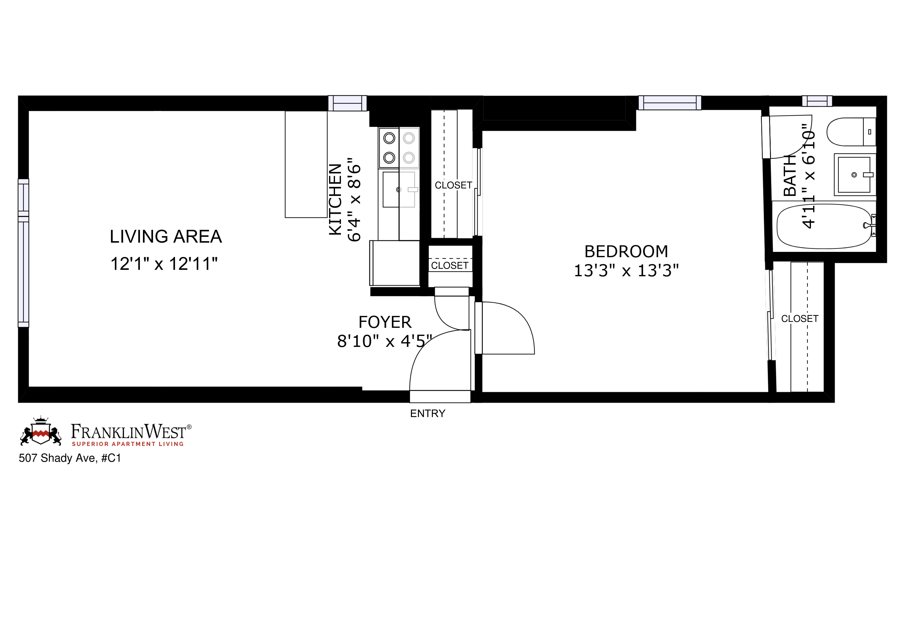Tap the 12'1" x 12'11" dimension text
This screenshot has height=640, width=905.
[164, 264]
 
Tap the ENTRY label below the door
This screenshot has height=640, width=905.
[428, 413]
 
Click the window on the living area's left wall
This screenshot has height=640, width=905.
[23, 253]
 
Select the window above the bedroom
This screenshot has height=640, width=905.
[670, 103]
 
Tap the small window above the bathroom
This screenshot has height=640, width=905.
[817, 101]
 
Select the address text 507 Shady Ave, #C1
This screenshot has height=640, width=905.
[70, 458]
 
